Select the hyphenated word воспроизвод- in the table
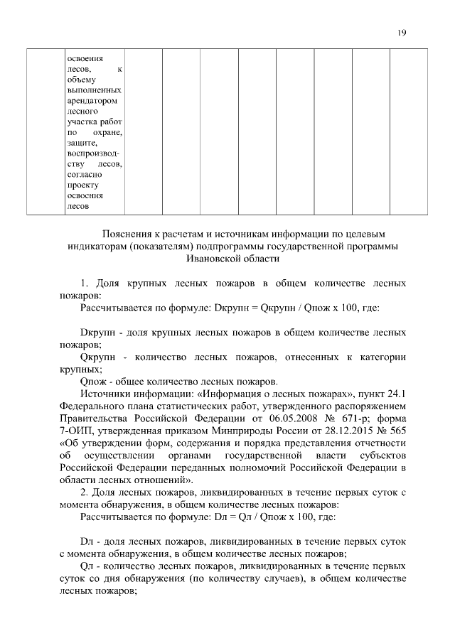point(92,153)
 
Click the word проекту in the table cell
point(81,184)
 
